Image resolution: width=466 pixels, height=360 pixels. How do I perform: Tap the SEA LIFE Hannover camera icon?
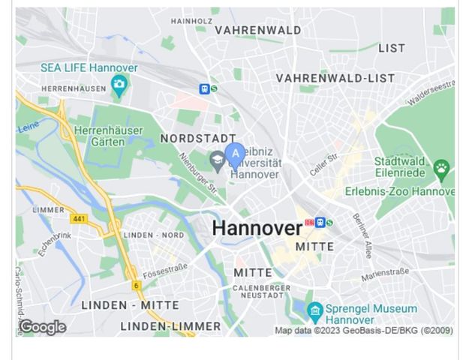(119, 85)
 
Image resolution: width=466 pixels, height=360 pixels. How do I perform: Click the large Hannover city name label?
(257, 228)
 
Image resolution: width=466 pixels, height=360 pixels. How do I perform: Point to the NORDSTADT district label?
(198, 139)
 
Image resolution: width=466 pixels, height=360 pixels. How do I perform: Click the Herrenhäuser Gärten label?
(108, 136)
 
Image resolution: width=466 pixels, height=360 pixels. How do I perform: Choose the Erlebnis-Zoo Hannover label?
(399, 192)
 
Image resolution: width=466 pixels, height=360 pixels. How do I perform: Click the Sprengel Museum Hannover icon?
(315, 310)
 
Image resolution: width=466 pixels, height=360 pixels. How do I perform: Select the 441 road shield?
(79, 219)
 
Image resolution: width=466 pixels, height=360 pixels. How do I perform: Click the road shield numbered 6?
(136, 285)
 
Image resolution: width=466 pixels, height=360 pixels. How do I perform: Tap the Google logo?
(43, 327)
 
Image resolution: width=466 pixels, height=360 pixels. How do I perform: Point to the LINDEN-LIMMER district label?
(170, 326)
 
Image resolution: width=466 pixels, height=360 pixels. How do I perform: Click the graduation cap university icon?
(218, 159)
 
